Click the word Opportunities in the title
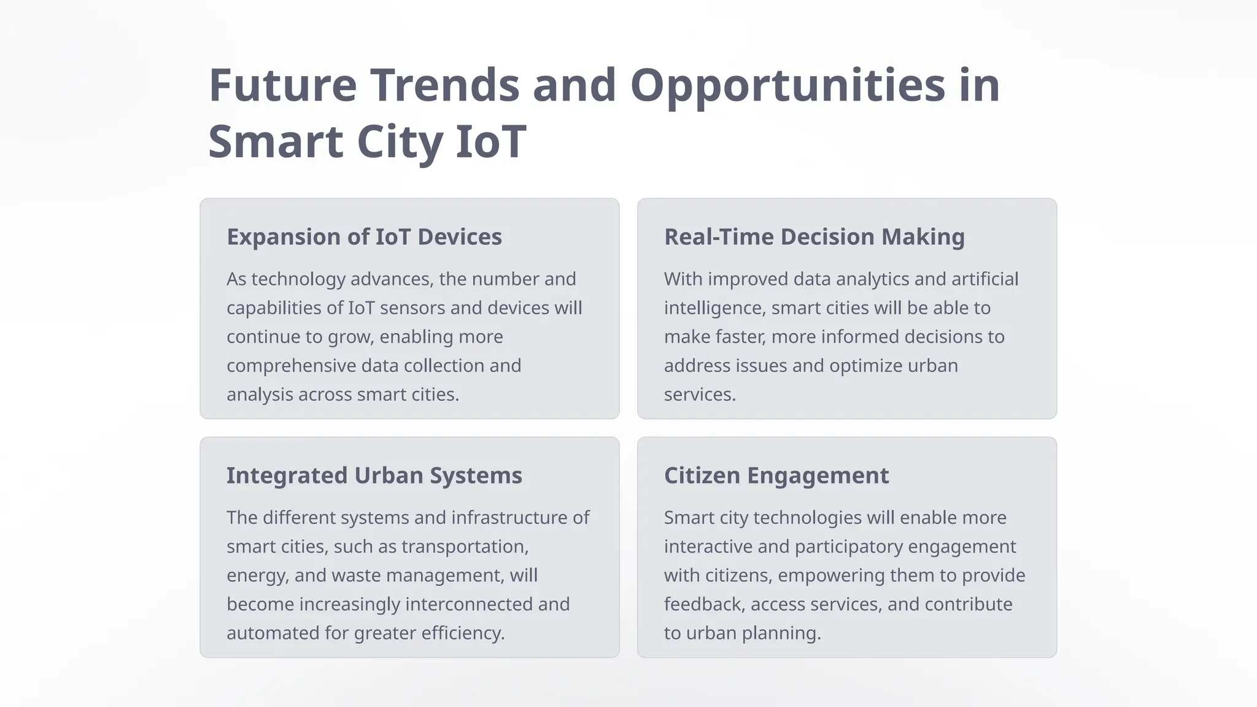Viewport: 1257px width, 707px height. pos(787,86)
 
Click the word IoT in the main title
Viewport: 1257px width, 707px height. pos(490,142)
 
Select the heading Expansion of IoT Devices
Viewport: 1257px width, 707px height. pos(364,237)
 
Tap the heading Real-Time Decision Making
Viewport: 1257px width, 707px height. pos(814,237)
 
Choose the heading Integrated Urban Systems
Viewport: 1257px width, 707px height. pos(374,476)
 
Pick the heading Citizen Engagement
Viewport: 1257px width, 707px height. pos(776,476)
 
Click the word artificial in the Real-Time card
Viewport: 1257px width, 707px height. pos(984,279)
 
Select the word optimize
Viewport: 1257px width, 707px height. pos(865,366)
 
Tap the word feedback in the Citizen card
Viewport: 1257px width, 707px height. pos(704,605)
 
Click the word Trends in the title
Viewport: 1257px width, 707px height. pos(444,86)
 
